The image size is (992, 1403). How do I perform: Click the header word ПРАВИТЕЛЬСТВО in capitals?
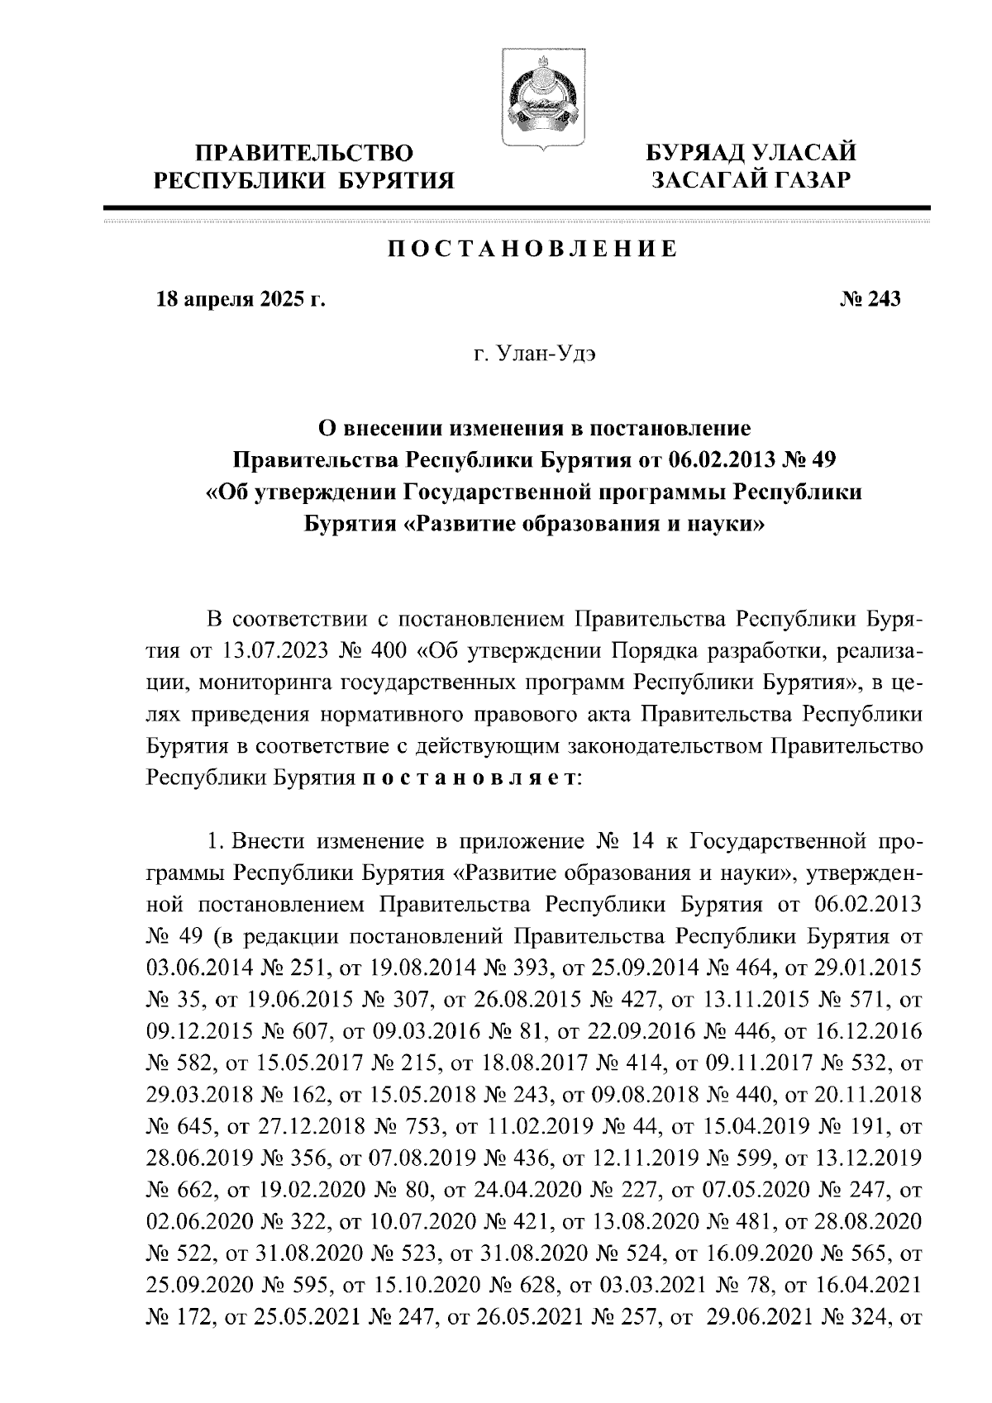pos(303,153)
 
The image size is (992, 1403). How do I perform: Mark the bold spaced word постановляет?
pos(470,778)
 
